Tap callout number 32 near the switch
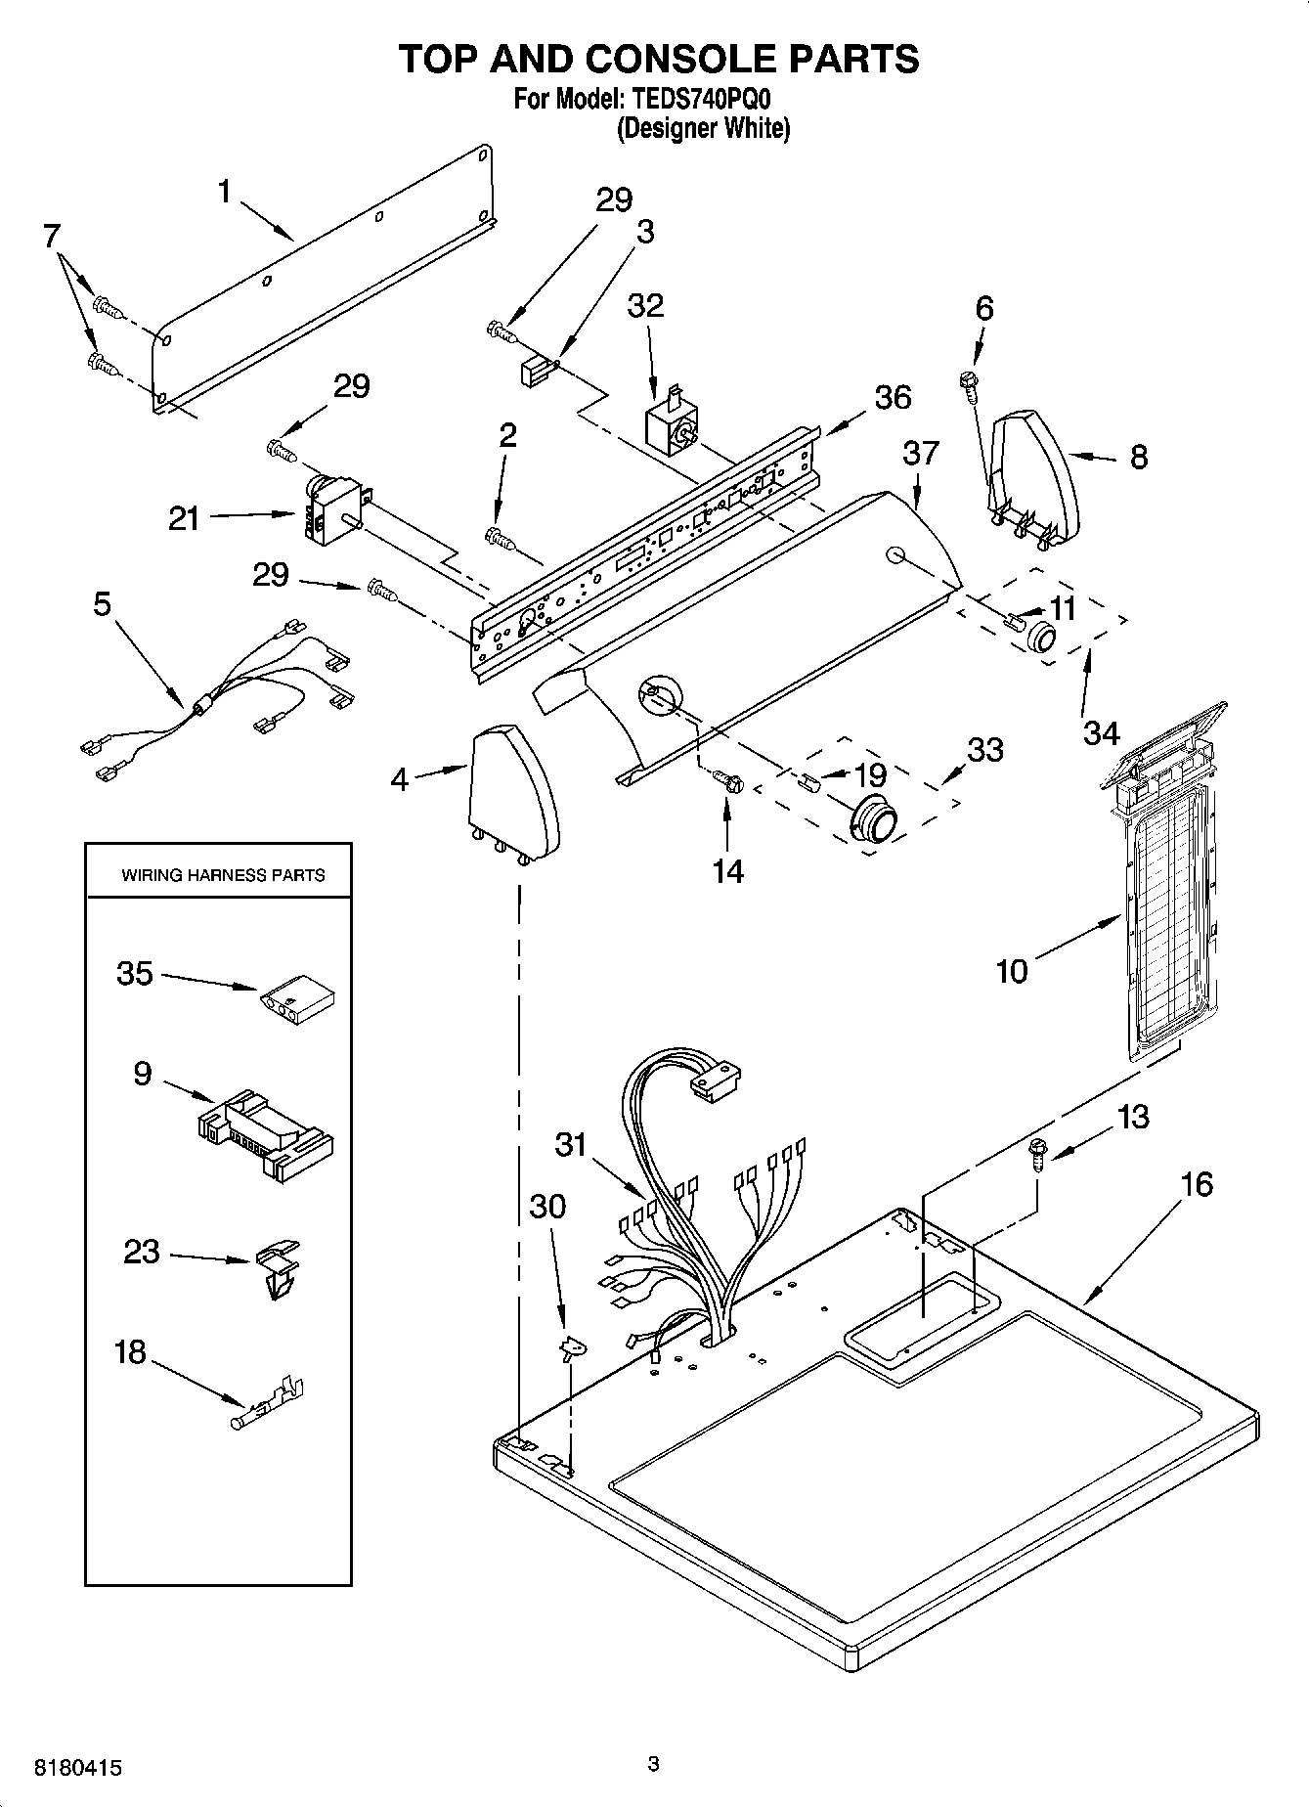645,305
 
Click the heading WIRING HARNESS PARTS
223,875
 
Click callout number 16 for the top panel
1196,1184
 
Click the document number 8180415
78,1768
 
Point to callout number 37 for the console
920,453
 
